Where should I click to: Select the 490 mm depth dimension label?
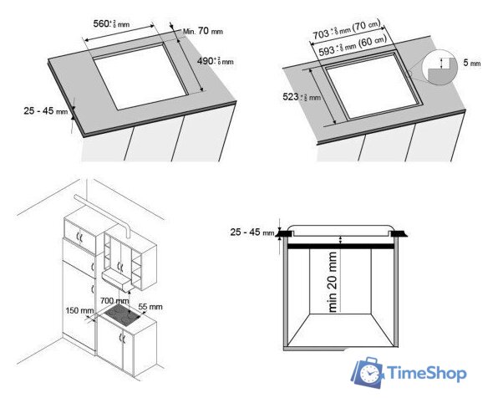[215, 61]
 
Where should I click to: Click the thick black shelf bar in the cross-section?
[342, 246]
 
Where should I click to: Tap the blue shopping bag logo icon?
[366, 372]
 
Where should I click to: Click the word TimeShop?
[430, 374]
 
